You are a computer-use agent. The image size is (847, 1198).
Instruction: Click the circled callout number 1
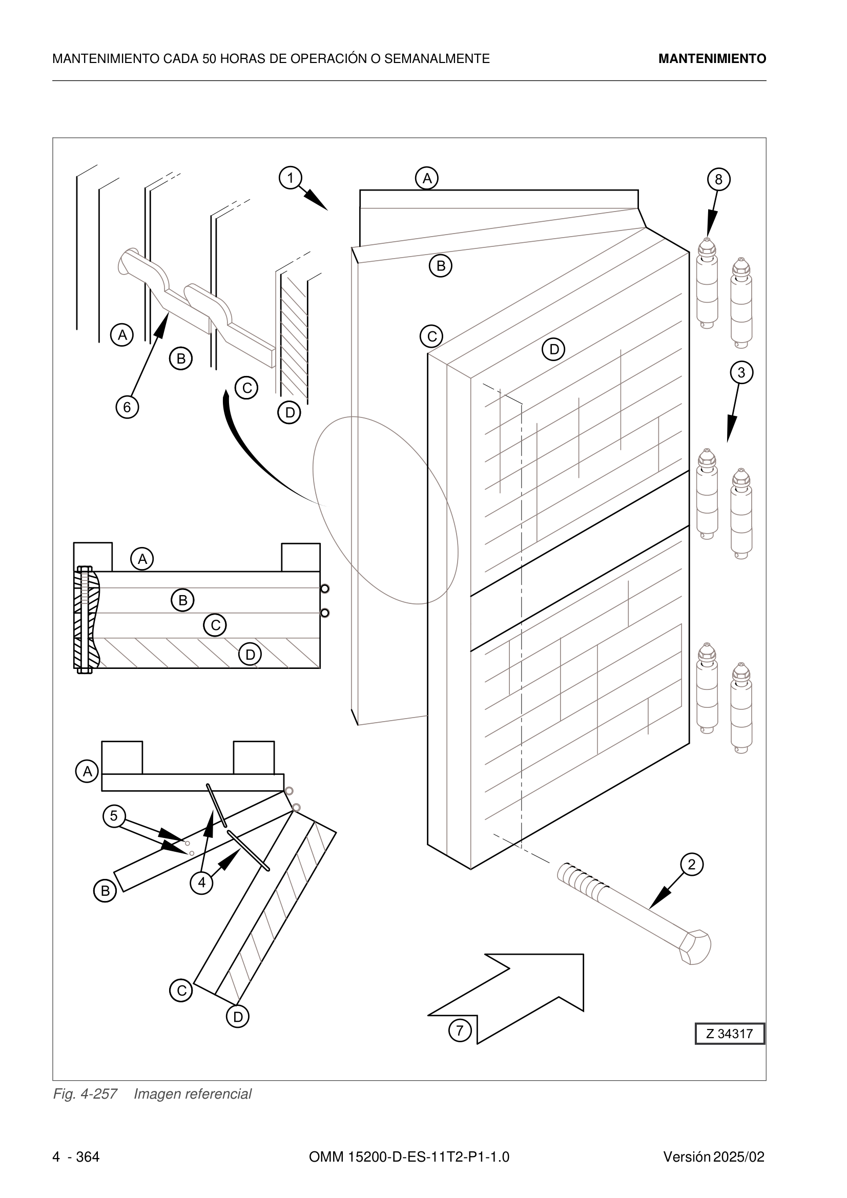290,178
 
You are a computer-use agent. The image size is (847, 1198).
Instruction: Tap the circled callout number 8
718,179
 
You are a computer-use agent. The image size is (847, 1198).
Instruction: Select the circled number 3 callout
741,373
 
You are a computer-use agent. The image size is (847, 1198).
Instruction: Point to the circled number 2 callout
691,865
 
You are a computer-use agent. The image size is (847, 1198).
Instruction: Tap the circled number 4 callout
202,883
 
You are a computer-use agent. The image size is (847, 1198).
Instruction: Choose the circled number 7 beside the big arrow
460,1031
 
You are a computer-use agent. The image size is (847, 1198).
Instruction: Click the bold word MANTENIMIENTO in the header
712,59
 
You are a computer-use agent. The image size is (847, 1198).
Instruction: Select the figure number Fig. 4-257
85,1094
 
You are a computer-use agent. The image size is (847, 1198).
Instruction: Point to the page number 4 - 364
76,1143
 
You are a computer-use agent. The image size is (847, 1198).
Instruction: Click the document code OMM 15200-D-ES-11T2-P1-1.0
409,1143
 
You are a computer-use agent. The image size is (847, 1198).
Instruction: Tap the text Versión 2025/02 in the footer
714,1143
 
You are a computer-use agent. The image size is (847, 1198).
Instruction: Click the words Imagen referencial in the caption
193,1094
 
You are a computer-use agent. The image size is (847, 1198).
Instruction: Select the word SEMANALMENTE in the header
437,59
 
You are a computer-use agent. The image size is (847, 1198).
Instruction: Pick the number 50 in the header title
209,59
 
